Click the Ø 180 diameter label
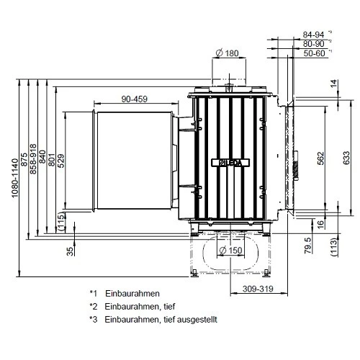click(227, 53)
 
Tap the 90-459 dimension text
click(135, 98)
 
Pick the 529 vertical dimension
click(60, 160)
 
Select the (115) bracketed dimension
click(60, 223)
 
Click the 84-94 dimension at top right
click(313, 34)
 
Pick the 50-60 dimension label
click(313, 53)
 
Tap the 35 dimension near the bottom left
click(70, 251)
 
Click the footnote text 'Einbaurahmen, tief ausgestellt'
click(160, 319)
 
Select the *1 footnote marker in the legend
click(93, 293)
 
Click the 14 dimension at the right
click(333, 85)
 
